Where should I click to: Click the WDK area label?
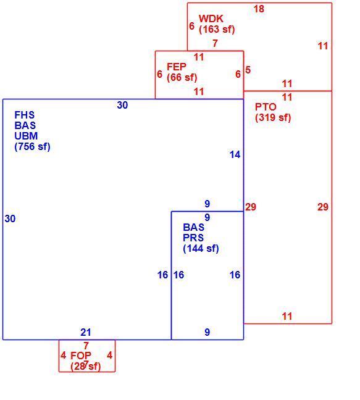click(211, 19)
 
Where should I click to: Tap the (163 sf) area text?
click(217, 30)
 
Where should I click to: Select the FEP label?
click(177, 67)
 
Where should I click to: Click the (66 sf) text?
click(182, 78)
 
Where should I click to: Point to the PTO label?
click(266, 107)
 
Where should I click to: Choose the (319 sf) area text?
click(273, 118)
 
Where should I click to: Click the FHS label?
click(25, 115)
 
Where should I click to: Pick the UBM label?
click(26, 136)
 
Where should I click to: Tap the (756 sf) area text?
click(32, 147)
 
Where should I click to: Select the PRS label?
click(193, 238)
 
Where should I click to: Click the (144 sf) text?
click(201, 249)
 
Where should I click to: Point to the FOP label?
click(81, 356)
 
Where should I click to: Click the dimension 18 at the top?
click(259, 9)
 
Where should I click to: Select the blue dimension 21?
click(86, 332)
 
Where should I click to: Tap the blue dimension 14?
click(235, 154)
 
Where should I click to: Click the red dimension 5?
click(248, 70)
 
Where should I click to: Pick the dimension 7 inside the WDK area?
click(216, 43)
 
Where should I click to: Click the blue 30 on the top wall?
click(122, 105)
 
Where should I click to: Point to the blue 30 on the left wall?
click(10, 219)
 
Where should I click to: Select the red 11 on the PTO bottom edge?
click(287, 316)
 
